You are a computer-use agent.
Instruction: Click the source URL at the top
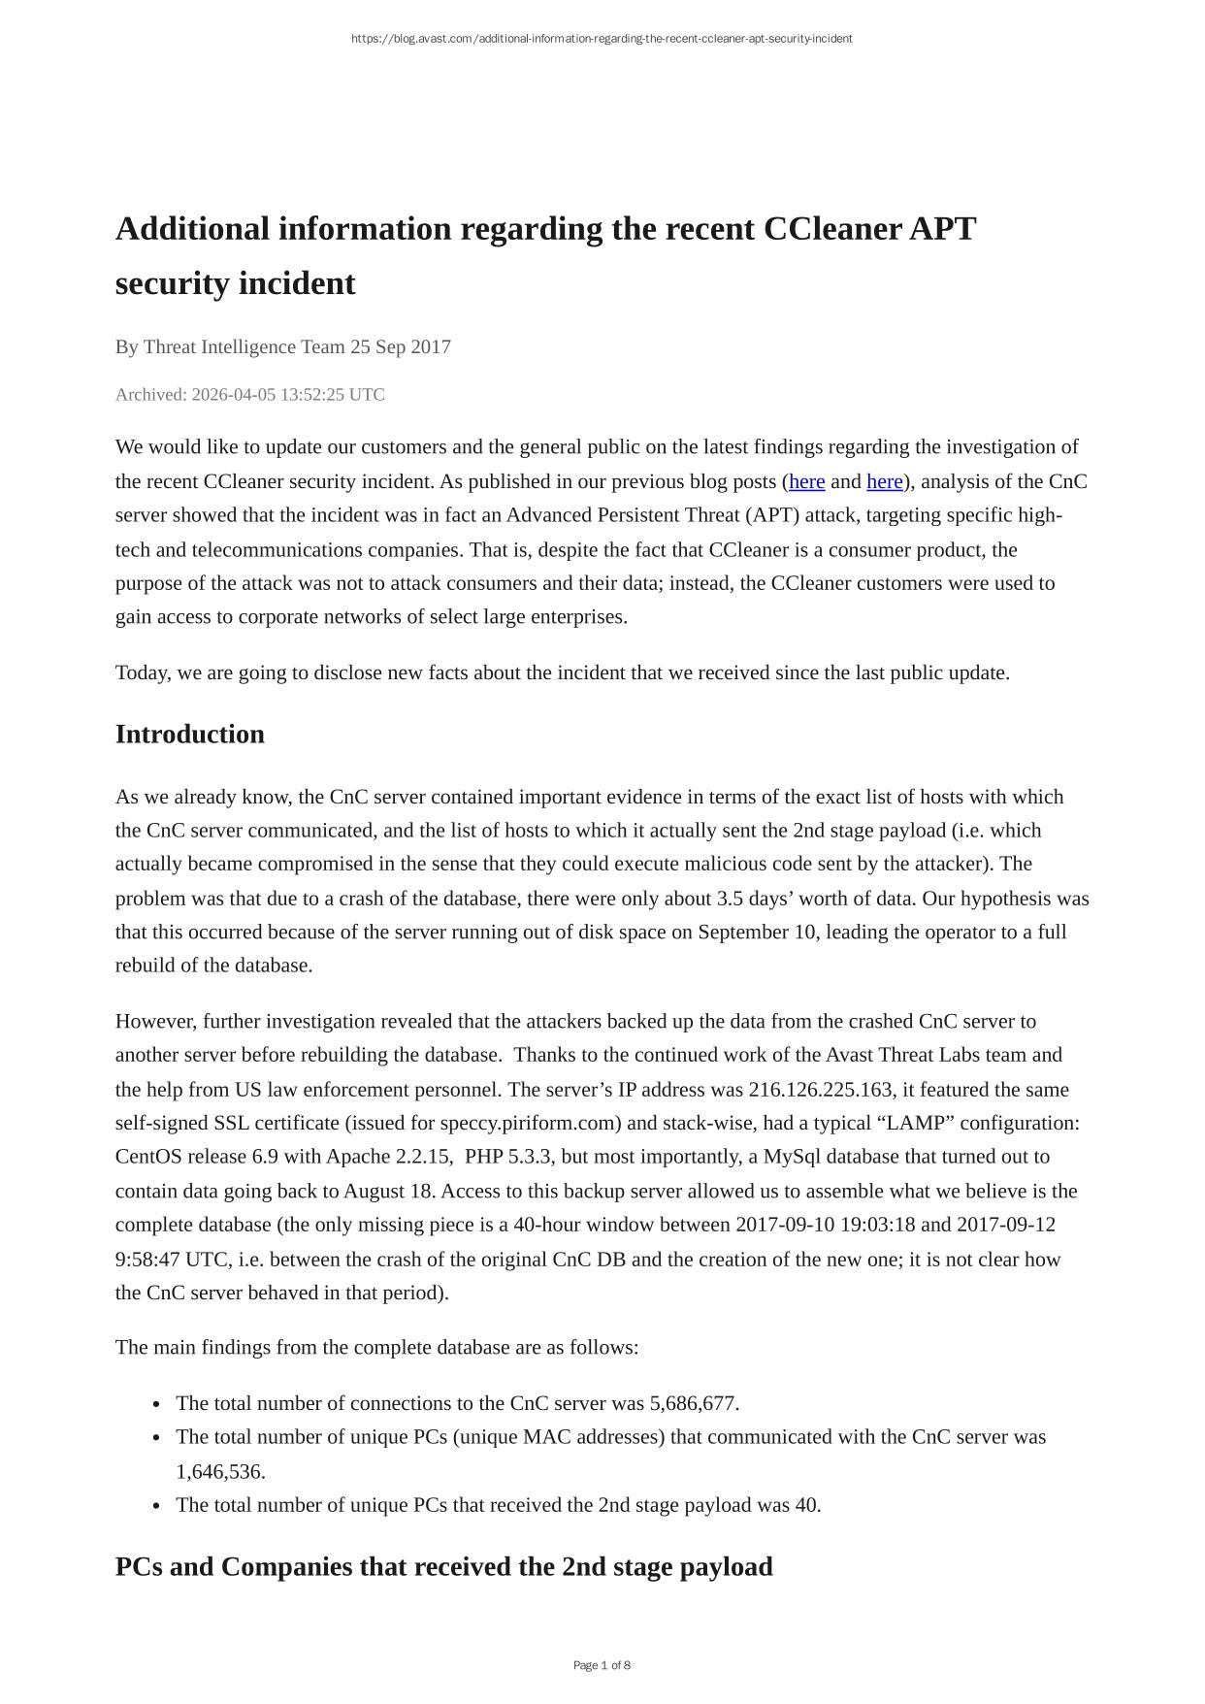point(602,39)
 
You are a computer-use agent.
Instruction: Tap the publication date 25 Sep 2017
point(400,347)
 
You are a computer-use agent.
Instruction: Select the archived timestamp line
point(249,395)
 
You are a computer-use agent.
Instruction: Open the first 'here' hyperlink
point(806,482)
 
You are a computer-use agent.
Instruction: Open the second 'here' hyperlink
point(884,482)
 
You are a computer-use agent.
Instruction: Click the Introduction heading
point(189,735)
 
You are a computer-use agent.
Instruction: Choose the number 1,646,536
point(220,1472)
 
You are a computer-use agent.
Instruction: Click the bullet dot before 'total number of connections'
point(157,1405)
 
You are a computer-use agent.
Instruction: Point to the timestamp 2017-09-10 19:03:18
point(826,1225)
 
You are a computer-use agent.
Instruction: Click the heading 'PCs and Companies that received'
point(443,1567)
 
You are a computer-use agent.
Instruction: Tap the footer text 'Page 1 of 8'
point(602,1666)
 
